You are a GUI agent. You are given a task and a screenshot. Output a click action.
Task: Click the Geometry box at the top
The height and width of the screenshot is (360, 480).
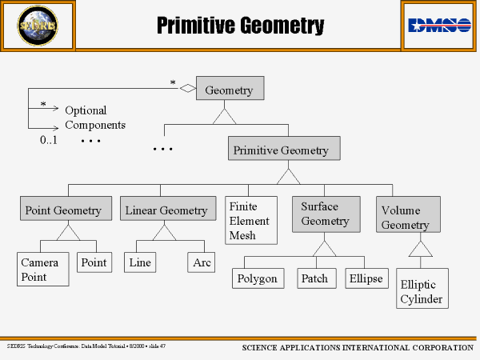(x=229, y=90)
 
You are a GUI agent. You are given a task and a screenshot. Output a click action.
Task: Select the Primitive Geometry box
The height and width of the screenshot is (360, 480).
(x=284, y=150)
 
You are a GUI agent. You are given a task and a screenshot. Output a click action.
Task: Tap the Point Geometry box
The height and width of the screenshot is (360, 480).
(x=63, y=210)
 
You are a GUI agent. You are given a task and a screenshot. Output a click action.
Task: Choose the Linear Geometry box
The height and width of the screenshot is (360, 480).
(x=166, y=210)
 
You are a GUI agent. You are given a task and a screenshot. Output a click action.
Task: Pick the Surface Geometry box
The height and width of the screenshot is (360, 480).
(x=324, y=214)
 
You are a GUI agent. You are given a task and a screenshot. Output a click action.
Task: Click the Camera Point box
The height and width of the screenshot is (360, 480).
(x=40, y=270)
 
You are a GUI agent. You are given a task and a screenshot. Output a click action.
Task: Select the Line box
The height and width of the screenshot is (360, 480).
(x=140, y=262)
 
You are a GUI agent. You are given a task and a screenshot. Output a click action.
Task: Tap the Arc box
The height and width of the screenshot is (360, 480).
(x=202, y=262)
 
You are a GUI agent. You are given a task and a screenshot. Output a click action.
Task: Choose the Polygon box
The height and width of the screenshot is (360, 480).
(x=257, y=278)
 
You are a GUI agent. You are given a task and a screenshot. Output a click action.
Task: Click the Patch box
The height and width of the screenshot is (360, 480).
(x=314, y=278)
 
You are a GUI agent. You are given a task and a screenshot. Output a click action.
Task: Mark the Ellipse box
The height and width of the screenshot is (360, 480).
(x=366, y=278)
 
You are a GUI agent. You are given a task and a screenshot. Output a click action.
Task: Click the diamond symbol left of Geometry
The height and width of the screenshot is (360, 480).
(x=188, y=89)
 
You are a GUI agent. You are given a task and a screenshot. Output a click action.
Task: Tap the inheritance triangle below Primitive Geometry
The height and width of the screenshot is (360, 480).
(x=288, y=175)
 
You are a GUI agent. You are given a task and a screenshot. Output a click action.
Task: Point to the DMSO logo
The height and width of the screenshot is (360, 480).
(x=439, y=25)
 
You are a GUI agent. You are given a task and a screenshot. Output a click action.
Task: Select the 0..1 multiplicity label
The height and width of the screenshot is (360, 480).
(x=50, y=140)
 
